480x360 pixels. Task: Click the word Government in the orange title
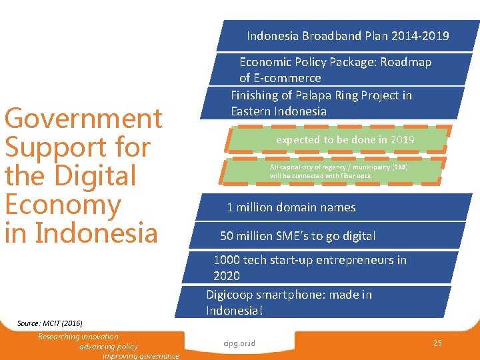(83, 119)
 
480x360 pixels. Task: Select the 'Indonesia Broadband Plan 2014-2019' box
(347, 36)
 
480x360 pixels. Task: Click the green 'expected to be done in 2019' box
(345, 140)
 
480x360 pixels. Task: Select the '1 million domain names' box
(291, 207)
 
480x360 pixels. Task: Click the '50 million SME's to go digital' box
(297, 236)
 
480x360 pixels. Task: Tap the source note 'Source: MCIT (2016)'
(50, 323)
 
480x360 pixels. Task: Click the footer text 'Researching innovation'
(78, 337)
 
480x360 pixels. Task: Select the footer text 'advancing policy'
(108, 347)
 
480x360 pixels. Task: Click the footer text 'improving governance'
(141, 356)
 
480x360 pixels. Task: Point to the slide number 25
(437, 343)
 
